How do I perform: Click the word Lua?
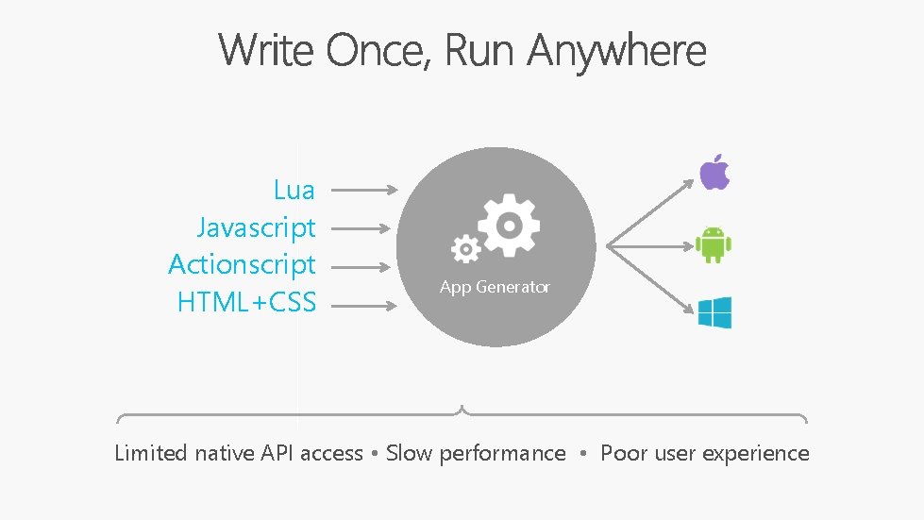pos(294,190)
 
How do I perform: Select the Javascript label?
pos(256,227)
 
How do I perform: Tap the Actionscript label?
pos(242,264)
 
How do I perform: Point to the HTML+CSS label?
pos(246,302)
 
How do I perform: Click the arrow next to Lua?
pos(364,190)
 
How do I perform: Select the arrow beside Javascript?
pos(361,227)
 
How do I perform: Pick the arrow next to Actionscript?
pos(361,265)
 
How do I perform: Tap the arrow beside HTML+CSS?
pos(364,305)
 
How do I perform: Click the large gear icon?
pos(508,225)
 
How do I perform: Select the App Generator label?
pos(495,287)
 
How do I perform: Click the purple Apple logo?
pos(714,174)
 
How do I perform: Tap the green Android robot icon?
pos(714,244)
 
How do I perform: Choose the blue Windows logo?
pos(714,312)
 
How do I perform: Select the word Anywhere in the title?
pos(616,50)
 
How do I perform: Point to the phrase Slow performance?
pos(476,453)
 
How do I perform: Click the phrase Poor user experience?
pos(705,453)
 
